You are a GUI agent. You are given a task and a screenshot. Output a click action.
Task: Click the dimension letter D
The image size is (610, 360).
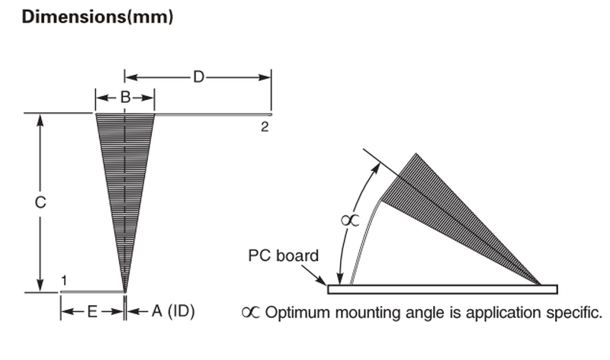[198, 77]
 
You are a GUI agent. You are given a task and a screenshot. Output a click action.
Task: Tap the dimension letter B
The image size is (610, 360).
[126, 97]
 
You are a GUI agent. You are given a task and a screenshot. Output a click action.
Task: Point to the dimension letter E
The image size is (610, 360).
[92, 311]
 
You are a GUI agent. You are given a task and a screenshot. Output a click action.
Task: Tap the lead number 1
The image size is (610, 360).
[65, 281]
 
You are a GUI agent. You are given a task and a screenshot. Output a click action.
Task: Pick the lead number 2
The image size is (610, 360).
[265, 127]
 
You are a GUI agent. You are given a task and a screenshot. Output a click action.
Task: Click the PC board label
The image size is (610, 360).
[284, 256]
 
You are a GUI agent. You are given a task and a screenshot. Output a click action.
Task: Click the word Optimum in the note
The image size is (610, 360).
[290, 312]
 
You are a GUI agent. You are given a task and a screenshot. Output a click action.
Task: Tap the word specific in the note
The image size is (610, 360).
[576, 312]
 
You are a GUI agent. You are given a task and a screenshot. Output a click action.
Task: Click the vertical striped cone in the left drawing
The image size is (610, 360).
[124, 175]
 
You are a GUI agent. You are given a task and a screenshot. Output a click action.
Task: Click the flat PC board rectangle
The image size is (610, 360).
[442, 289]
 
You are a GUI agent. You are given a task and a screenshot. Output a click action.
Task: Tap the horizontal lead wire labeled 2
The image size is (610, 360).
[213, 114]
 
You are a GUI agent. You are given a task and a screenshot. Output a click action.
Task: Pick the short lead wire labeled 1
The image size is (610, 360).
[91, 291]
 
